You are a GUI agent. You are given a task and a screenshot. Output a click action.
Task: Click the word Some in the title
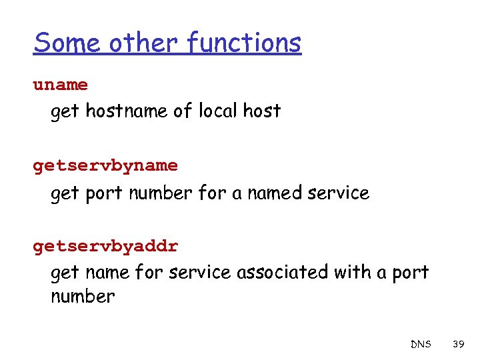(68, 43)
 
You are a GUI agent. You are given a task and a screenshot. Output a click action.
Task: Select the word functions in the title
(244, 43)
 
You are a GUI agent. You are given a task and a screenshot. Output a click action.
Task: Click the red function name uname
(61, 85)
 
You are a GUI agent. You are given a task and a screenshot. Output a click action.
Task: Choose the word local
(218, 111)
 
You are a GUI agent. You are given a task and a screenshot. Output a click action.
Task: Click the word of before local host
(183, 111)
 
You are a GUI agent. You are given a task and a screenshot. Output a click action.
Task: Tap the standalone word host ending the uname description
(262, 111)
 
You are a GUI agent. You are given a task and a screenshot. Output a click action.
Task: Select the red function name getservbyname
(105, 166)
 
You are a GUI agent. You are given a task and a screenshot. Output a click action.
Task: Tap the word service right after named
(341, 193)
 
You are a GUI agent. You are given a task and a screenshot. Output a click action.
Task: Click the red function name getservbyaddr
(105, 246)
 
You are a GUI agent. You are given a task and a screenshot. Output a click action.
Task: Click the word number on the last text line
(83, 297)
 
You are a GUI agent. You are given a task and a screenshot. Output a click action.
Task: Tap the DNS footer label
(421, 345)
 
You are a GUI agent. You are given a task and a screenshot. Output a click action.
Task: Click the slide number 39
(458, 345)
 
